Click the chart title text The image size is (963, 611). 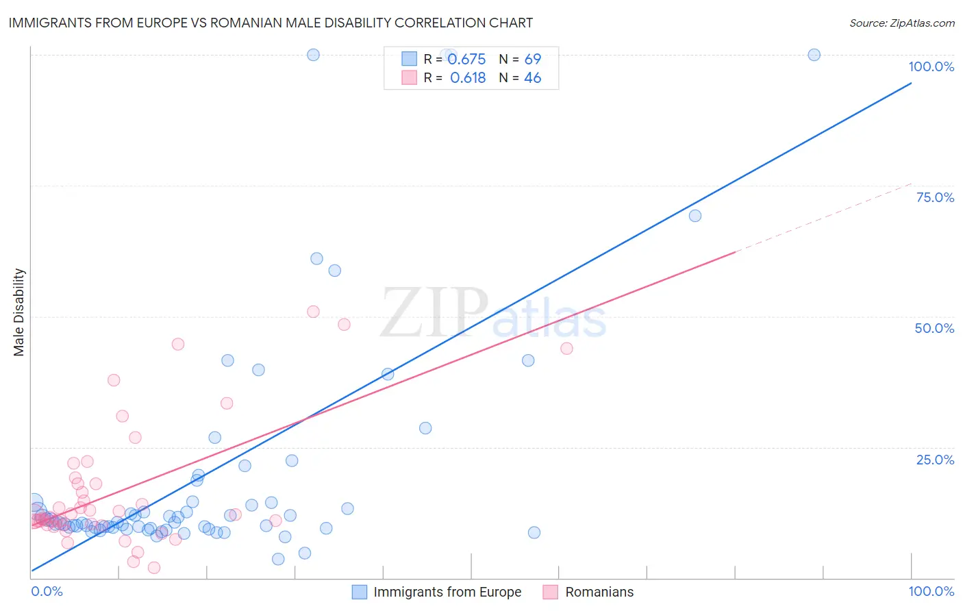click(x=271, y=23)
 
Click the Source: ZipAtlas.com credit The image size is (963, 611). click(x=901, y=23)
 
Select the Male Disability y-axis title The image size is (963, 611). click(x=19, y=312)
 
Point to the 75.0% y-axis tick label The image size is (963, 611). click(x=935, y=197)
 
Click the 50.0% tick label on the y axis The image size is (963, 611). click(x=934, y=328)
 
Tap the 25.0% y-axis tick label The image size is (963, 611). click(x=935, y=460)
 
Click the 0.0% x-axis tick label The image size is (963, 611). click(x=47, y=591)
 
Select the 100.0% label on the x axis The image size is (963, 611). click(x=931, y=591)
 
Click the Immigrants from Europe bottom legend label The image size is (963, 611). click(x=447, y=592)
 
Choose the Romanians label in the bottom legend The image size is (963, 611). click(x=599, y=592)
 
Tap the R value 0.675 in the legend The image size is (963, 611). click(x=466, y=60)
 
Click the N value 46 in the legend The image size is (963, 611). click(x=532, y=78)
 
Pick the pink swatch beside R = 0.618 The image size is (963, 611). click(x=409, y=78)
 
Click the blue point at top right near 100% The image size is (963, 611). click(x=814, y=55)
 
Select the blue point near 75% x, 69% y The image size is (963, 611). click(x=695, y=216)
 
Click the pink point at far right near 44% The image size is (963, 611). click(x=566, y=349)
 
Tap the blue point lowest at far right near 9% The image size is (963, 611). click(x=534, y=532)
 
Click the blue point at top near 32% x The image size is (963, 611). click(x=313, y=55)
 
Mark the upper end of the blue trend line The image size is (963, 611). click(x=911, y=84)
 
